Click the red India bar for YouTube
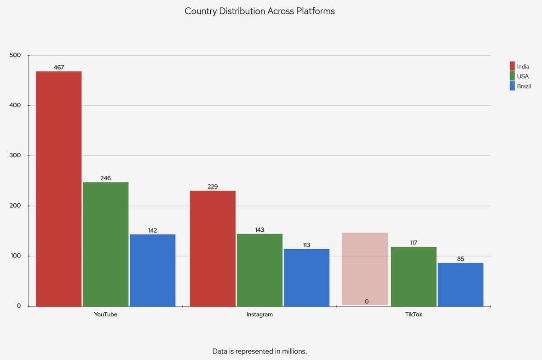point(59,189)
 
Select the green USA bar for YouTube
point(105,244)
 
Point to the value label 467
point(59,68)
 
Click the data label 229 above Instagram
point(213,187)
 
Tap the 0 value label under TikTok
point(367,302)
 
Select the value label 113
point(306,245)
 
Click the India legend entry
point(523,67)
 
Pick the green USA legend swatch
point(512,76)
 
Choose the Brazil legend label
point(524,86)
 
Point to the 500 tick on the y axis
point(15,55)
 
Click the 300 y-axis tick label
point(15,155)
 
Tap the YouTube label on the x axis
point(105,314)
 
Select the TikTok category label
point(414,314)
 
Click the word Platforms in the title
point(315,11)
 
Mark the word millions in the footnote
point(293,351)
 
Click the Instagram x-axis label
point(259,314)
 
